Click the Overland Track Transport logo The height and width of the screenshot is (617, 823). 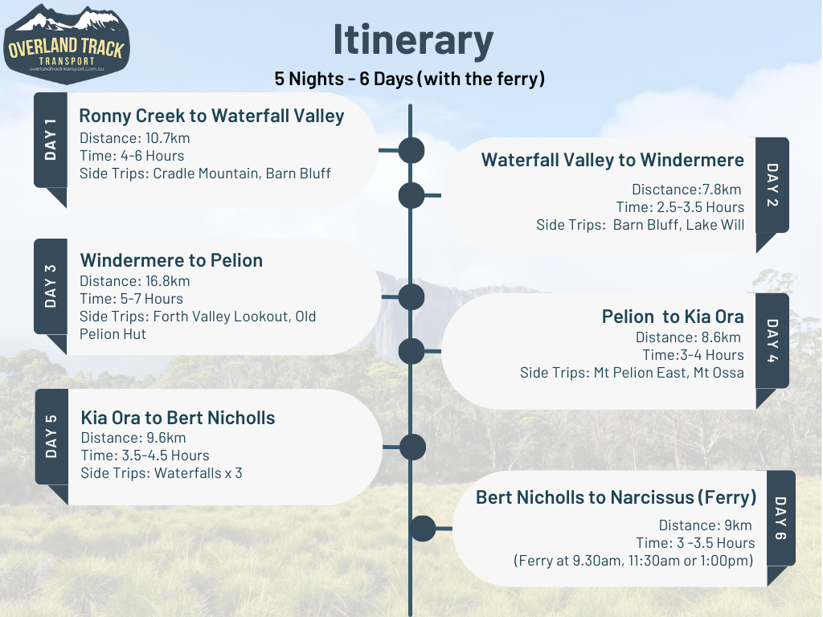coord(66,44)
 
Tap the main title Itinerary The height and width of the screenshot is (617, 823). coord(413,40)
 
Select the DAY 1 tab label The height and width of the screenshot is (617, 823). coord(51,140)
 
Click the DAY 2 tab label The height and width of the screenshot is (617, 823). coord(772,185)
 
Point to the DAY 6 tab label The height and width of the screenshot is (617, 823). coord(780,518)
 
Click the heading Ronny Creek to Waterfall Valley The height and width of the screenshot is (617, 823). coord(211,116)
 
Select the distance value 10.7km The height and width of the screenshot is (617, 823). coord(167,138)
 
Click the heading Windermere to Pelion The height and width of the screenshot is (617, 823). coord(171,260)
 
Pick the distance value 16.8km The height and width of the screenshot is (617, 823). coord(167,281)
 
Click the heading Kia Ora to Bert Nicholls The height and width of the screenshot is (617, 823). coord(178,418)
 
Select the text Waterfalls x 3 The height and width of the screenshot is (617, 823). coord(199,473)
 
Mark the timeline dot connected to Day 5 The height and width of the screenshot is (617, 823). coord(412,447)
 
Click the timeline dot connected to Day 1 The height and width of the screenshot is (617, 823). coord(411,150)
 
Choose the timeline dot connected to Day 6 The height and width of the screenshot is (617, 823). coord(423,529)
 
